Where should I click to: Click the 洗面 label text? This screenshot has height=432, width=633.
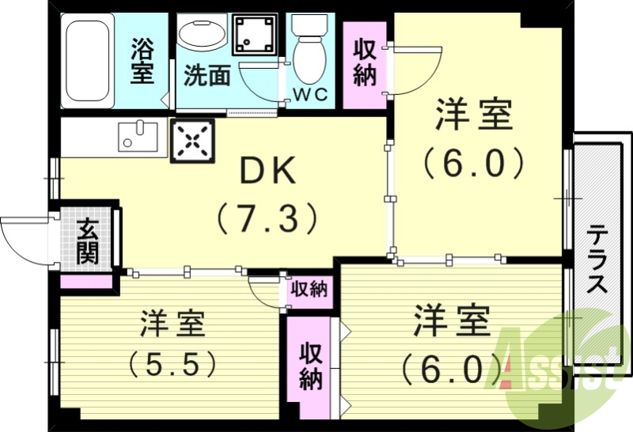point(207,76)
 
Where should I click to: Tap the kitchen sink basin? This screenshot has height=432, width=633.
point(138,136)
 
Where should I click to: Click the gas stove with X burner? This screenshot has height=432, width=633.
point(192,142)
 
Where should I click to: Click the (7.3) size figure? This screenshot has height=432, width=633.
point(268,218)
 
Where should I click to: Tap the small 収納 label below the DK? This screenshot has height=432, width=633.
point(308,290)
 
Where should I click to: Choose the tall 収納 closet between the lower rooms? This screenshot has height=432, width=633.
point(310,366)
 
